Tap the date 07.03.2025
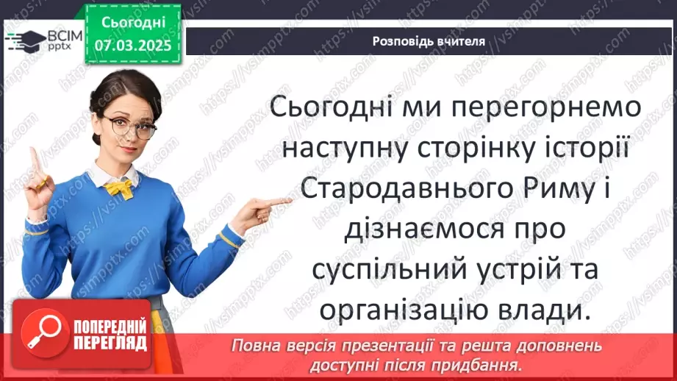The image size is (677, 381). point(132,46)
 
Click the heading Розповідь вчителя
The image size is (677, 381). point(429,41)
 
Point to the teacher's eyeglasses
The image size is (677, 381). point(130,127)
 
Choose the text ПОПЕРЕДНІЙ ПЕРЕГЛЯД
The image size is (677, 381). point(110,335)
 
